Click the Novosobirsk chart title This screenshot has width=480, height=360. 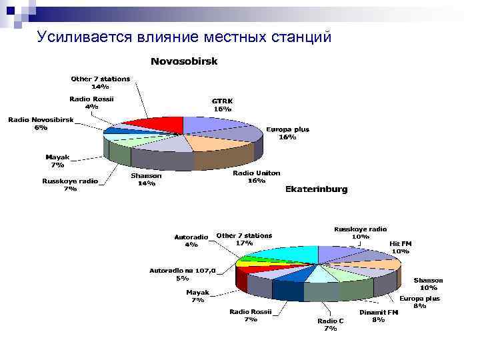click(x=183, y=61)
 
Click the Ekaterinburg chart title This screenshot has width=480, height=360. click(x=316, y=189)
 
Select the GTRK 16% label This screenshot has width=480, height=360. click(x=222, y=105)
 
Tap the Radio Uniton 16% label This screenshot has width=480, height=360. click(x=256, y=177)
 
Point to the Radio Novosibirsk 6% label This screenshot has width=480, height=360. click(x=41, y=123)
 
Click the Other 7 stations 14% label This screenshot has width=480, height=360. click(x=101, y=83)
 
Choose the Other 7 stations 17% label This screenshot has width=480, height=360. click(x=244, y=239)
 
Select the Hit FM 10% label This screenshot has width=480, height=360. click(x=400, y=247)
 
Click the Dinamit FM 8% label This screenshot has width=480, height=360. click(x=378, y=316)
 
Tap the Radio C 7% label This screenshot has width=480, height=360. click(x=330, y=324)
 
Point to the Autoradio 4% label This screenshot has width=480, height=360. click(x=191, y=241)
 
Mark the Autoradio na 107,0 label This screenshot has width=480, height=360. click(x=182, y=275)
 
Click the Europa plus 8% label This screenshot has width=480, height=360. click(x=419, y=303)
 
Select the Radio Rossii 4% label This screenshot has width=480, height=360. click(x=91, y=103)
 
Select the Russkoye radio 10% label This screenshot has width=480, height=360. click(x=360, y=233)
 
